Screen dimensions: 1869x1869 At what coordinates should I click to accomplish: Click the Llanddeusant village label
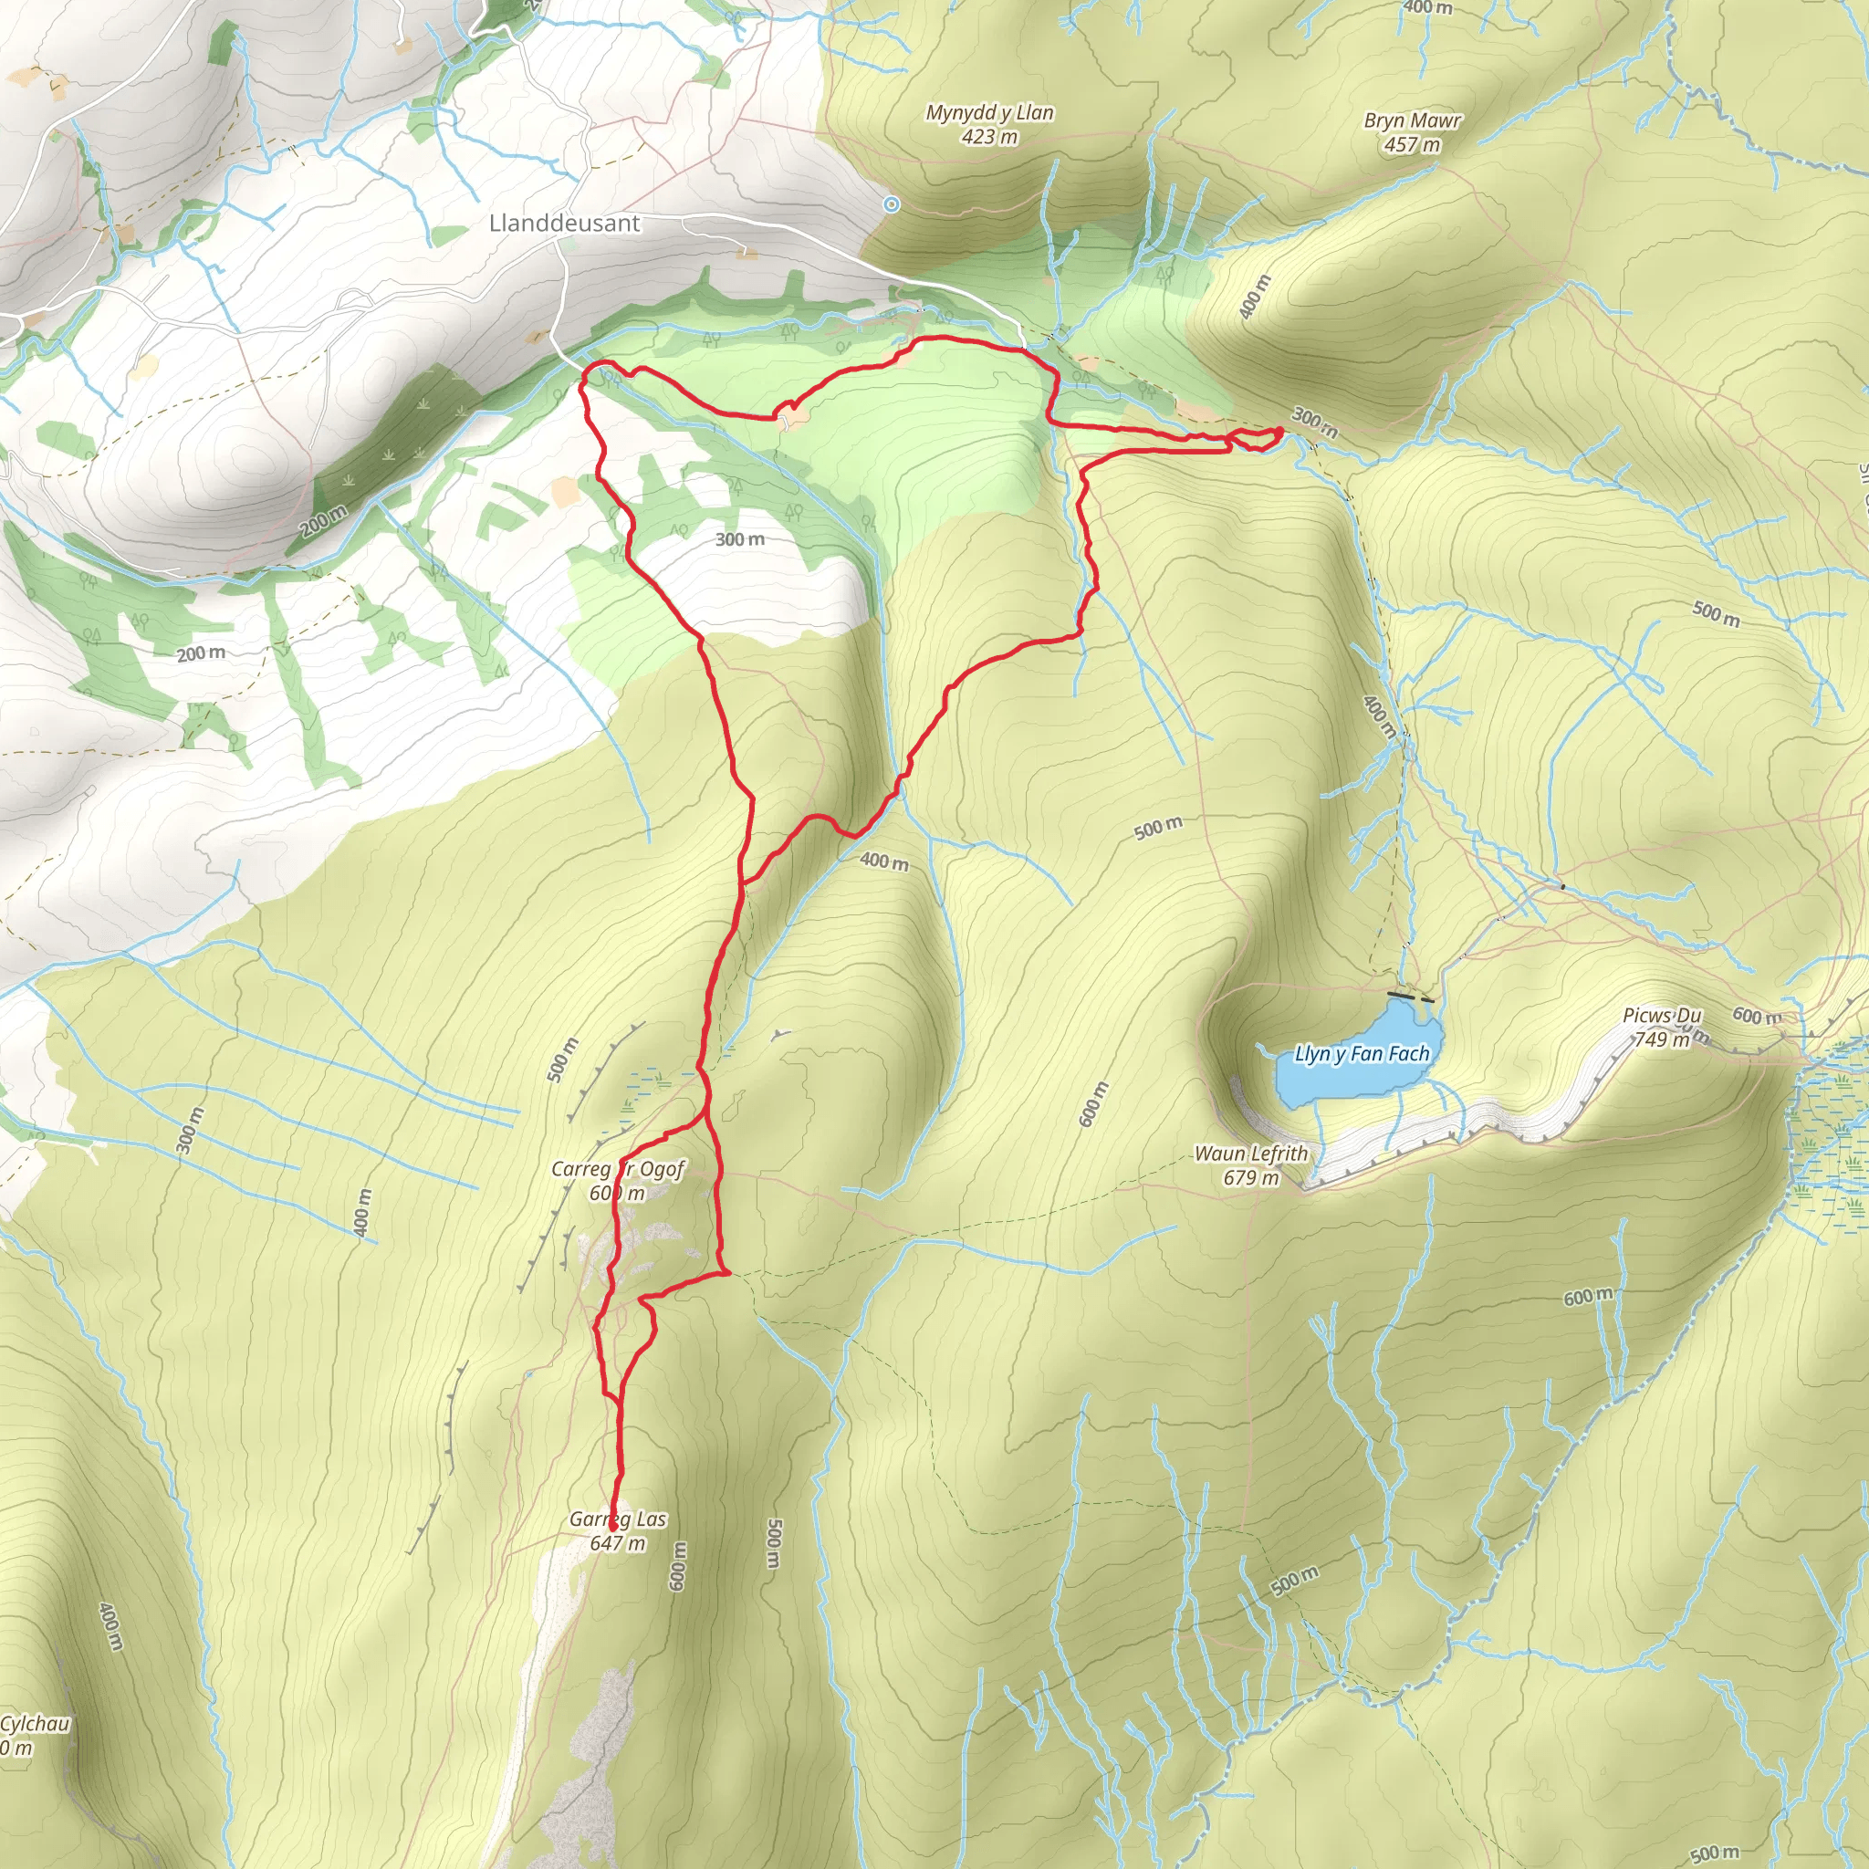point(564,224)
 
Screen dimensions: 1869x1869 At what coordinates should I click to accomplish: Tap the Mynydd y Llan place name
point(989,113)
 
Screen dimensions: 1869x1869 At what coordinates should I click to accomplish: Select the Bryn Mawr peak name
point(1413,121)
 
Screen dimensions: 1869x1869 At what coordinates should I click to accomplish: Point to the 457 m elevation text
point(1413,145)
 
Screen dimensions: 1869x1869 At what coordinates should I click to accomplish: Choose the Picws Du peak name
point(1661,1016)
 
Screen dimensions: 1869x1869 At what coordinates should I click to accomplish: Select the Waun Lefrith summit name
point(1251,1154)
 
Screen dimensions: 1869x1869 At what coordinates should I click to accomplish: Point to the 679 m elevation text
point(1251,1177)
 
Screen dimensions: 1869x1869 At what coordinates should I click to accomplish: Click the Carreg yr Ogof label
point(617,1170)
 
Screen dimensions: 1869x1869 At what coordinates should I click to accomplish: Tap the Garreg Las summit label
point(617,1519)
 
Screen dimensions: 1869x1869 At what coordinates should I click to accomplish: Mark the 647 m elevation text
point(617,1543)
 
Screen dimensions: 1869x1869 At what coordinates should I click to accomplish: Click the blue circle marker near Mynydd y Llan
point(891,204)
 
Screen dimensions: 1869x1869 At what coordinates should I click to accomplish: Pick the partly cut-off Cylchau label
point(35,1724)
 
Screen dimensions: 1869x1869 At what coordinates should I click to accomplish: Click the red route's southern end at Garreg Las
point(612,1530)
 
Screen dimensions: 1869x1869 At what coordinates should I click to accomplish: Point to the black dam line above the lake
point(1401,994)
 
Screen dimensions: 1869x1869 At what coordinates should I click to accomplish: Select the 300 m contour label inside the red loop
point(740,540)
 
